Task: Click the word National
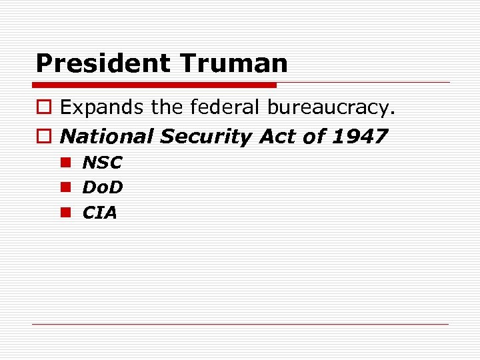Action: pyautogui.click(x=107, y=137)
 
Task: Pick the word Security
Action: pyautogui.click(x=206, y=137)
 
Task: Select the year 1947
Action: pyautogui.click(x=359, y=137)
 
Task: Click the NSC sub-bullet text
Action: pyautogui.click(x=102, y=163)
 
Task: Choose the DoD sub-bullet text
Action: pyautogui.click(x=103, y=188)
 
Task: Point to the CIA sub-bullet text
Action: pyautogui.click(x=99, y=213)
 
